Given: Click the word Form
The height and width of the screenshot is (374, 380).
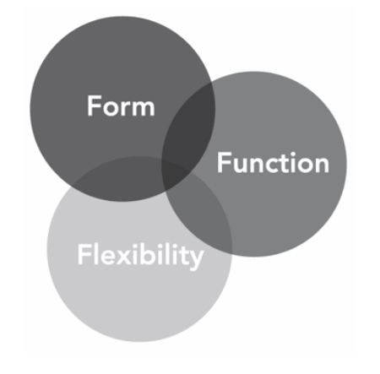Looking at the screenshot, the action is (121, 106).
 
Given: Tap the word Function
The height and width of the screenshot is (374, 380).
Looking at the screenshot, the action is (273, 162).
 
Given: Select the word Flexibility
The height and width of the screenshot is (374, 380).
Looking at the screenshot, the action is (140, 255).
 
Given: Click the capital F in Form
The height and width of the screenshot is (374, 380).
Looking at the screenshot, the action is (94, 106).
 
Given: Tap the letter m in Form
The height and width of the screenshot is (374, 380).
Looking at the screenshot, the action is (143, 108).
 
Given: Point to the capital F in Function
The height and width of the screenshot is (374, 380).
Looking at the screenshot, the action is (223, 162).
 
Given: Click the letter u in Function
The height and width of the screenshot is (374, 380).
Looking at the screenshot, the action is (239, 165).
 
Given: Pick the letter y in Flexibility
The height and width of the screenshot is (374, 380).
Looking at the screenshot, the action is (195, 260).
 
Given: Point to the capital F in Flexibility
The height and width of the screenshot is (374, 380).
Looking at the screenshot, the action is (84, 254).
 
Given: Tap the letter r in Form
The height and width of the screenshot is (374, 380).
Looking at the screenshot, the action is (126, 108).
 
